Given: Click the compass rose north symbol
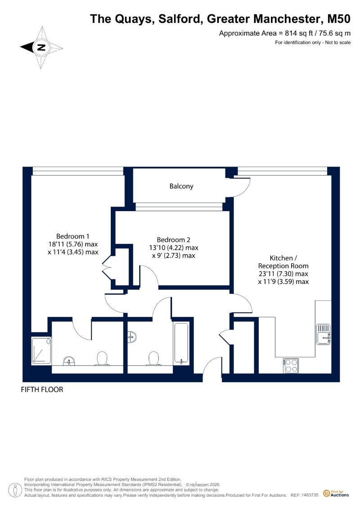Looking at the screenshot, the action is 41,47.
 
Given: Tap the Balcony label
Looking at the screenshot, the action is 181,186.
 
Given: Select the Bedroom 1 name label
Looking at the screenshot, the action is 73,236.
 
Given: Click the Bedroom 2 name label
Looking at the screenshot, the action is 173,240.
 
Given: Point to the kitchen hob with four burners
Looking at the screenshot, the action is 291,365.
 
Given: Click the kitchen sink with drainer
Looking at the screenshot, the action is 324,334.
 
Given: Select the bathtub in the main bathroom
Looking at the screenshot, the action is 181,343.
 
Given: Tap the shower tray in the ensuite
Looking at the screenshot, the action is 41,351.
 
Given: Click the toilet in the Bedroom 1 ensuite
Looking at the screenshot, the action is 102,358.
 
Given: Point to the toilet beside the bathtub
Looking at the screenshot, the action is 154,359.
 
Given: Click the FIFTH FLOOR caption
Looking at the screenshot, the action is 42,390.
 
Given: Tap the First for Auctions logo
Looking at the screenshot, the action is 336,493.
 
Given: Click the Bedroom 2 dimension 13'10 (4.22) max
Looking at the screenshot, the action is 174,248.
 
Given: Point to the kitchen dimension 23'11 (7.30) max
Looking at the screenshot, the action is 283,274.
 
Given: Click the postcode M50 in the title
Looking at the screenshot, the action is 338,18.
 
